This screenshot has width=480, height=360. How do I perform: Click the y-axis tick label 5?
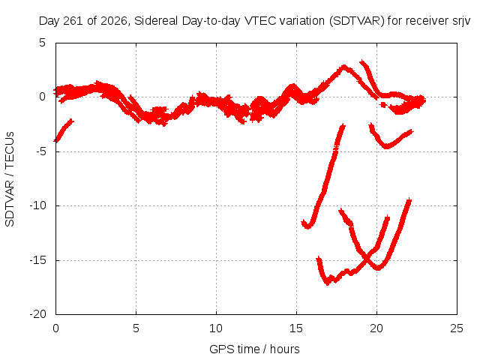(x=42, y=43)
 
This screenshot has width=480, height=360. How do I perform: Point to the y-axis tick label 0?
(x=42, y=97)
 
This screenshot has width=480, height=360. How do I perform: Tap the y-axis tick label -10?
(x=38, y=205)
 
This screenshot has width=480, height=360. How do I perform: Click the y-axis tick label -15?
(x=38, y=260)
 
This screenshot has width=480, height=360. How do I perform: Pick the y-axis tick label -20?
(x=38, y=314)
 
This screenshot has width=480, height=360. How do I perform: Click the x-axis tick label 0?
(x=55, y=328)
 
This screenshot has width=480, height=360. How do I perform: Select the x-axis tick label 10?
(x=216, y=328)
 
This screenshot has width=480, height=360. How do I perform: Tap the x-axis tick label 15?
(x=296, y=328)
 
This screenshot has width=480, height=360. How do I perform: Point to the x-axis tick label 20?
(x=376, y=328)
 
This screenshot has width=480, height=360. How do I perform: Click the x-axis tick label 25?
(x=457, y=328)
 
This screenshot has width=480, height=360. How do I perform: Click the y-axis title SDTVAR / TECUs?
(x=10, y=179)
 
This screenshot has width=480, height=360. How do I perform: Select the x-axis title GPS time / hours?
(x=254, y=349)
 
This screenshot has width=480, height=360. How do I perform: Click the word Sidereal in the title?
(x=156, y=21)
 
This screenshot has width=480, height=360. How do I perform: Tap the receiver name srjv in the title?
(x=461, y=22)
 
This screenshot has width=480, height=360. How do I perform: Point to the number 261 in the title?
(x=73, y=21)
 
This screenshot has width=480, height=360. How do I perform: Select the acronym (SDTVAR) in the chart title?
(x=357, y=21)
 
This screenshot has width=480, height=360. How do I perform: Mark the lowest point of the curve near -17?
(x=328, y=283)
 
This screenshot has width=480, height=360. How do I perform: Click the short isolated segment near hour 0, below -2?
(x=64, y=130)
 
